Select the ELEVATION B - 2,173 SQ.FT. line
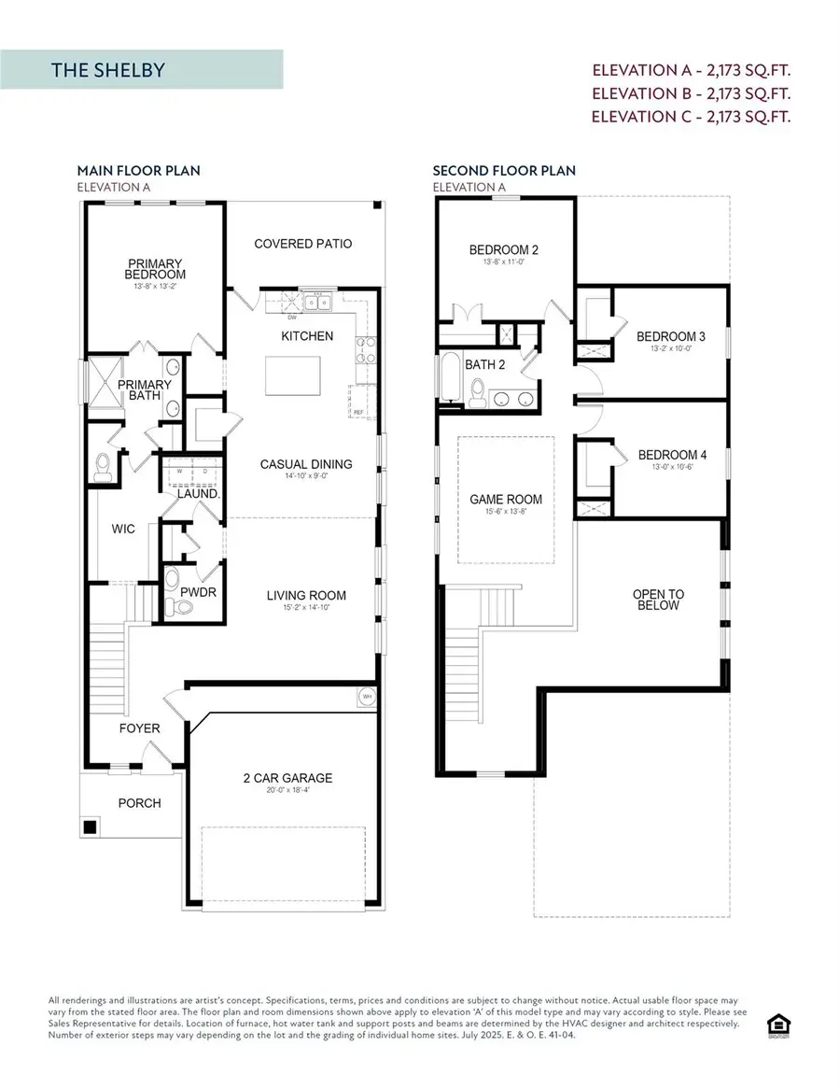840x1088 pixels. pyautogui.click(x=692, y=93)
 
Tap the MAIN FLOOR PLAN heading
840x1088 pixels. pyautogui.click(x=138, y=171)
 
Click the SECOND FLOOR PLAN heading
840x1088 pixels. pyautogui.click(x=504, y=171)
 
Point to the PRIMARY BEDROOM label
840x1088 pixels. pyautogui.click(x=156, y=269)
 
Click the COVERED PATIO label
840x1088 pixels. pyautogui.click(x=303, y=244)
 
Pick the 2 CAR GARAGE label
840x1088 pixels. pyautogui.click(x=287, y=778)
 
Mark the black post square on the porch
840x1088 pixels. pyautogui.click(x=91, y=827)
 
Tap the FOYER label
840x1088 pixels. pyautogui.click(x=139, y=728)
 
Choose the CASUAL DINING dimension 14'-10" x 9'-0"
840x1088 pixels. pyautogui.click(x=306, y=477)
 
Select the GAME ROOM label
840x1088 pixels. pyautogui.click(x=505, y=500)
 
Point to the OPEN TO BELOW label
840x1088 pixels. pyautogui.click(x=657, y=600)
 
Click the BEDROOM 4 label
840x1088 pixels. pyautogui.click(x=672, y=455)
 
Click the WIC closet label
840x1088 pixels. pyautogui.click(x=122, y=529)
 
